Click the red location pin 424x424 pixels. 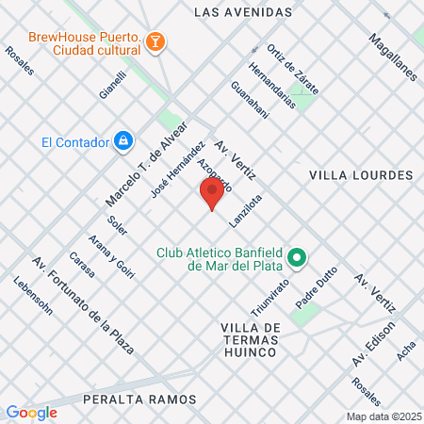212,194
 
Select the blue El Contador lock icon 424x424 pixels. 122,141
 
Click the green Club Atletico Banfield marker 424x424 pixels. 297,257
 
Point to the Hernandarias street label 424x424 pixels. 271,86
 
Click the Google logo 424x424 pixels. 31,412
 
